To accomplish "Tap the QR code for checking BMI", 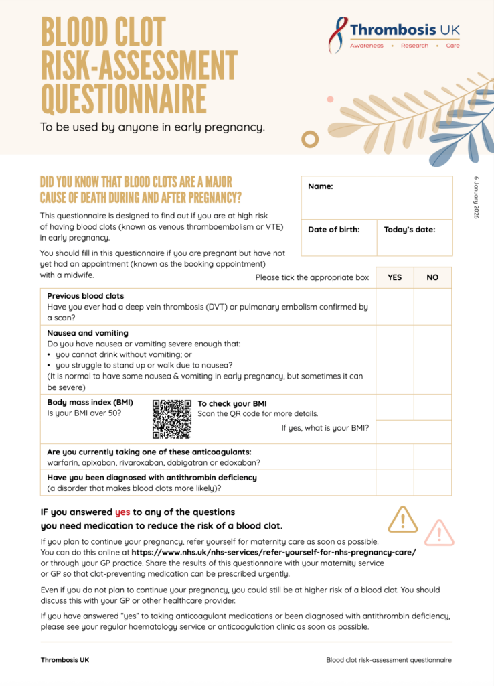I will click(x=172, y=419).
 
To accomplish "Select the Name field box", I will click(x=376, y=198).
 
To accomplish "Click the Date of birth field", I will click(x=339, y=238).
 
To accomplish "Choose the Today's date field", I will click(x=414, y=238).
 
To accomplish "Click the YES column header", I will click(x=395, y=277).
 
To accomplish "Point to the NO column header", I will click(x=432, y=277).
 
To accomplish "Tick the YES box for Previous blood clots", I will click(x=395, y=306).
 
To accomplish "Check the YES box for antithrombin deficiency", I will click(x=395, y=482).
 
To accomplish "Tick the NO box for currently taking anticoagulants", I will click(x=432, y=456).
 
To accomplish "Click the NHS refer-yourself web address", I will click(x=274, y=552).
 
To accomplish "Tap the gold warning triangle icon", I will click(x=403, y=519).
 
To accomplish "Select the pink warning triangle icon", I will click(x=439, y=533).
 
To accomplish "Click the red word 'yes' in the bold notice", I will click(x=122, y=512).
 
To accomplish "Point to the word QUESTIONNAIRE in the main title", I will click(x=124, y=98).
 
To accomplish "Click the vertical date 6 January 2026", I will click(x=477, y=197).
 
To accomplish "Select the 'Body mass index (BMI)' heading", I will click(x=90, y=403).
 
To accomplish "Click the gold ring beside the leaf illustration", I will click(x=309, y=139).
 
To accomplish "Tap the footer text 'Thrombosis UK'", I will click(x=65, y=660).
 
